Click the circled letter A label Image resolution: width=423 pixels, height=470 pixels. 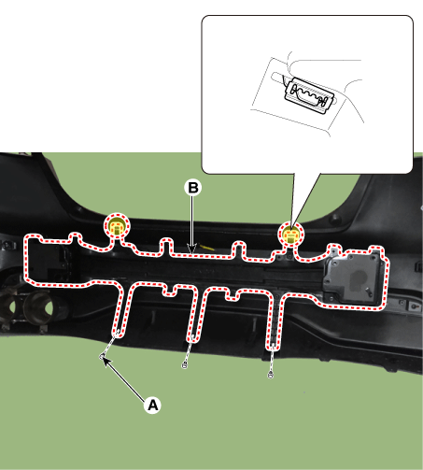click(x=152, y=406)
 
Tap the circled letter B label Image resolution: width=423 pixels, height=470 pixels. click(x=193, y=188)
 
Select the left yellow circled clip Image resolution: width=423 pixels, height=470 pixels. click(x=117, y=226)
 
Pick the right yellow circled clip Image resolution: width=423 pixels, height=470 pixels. click(x=290, y=235)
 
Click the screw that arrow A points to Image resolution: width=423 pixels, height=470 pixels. click(x=102, y=356)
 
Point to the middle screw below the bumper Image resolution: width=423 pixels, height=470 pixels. click(x=185, y=365)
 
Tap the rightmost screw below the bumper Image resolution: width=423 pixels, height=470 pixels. click(x=270, y=375)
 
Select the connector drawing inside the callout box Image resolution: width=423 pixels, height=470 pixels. click(x=309, y=94)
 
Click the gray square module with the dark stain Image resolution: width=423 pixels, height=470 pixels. click(x=353, y=278)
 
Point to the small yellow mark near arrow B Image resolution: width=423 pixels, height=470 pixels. click(x=207, y=248)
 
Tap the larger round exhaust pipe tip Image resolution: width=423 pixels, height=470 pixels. click(x=40, y=307)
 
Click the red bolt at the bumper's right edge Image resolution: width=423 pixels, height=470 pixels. click(x=414, y=306)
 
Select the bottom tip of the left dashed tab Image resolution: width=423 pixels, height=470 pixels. click(x=119, y=334)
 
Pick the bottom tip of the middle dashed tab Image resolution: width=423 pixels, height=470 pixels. click(x=192, y=339)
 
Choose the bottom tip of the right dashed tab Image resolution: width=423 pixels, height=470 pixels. click(x=273, y=348)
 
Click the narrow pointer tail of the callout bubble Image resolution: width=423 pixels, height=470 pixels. click(x=303, y=199)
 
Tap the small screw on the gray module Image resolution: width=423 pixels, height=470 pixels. click(x=369, y=292)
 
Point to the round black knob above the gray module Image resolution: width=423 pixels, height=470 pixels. click(x=334, y=218)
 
